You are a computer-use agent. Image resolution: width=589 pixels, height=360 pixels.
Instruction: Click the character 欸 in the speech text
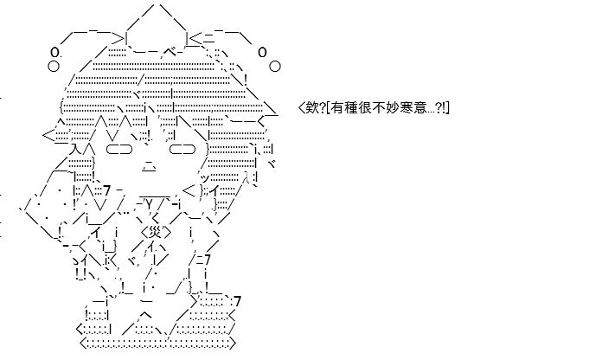[x=312, y=108]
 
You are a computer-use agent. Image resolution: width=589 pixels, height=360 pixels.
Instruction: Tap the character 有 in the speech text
[x=337, y=108]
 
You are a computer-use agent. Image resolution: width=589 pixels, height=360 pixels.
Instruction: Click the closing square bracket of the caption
[x=448, y=108]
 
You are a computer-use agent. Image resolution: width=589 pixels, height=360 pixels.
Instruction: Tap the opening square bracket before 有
[x=329, y=108]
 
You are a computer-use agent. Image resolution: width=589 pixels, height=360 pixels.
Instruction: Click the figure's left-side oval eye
[x=119, y=150]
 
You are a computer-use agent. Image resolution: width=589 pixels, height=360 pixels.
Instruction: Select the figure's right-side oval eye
[x=182, y=150]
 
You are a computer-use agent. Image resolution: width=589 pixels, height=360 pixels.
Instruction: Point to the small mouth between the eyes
[x=149, y=165]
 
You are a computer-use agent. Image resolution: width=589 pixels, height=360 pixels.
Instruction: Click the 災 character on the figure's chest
[x=156, y=233]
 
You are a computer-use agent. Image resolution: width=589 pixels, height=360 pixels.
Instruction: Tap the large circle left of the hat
[x=54, y=66]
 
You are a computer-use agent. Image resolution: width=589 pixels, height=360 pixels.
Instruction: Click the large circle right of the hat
[x=275, y=66]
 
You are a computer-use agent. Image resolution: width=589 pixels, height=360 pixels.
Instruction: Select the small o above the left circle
[x=54, y=51]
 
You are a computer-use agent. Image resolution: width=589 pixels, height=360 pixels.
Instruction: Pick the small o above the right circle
[x=262, y=52]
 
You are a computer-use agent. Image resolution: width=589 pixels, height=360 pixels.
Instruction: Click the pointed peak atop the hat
[x=156, y=4]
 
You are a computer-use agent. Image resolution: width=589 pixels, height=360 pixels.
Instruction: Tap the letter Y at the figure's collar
[x=149, y=205]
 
